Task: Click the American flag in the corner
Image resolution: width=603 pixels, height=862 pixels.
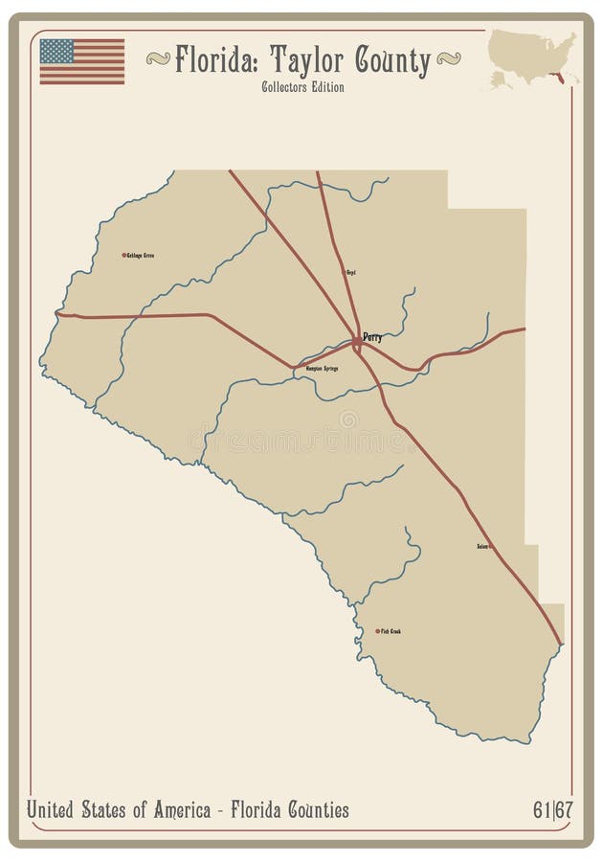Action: click(x=81, y=61)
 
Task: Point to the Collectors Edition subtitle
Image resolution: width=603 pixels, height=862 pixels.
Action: click(x=302, y=87)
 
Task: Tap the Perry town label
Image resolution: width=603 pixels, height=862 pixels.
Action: click(x=372, y=337)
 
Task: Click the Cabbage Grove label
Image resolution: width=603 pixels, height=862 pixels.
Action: click(x=142, y=256)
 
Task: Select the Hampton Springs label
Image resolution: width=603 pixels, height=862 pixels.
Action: click(x=321, y=368)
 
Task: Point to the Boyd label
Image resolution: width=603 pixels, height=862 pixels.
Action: click(x=350, y=273)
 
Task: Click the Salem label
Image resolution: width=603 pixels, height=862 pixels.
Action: click(x=482, y=547)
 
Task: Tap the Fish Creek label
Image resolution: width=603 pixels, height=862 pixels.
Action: click(x=390, y=631)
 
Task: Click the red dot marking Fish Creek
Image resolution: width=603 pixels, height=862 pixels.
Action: click(x=377, y=631)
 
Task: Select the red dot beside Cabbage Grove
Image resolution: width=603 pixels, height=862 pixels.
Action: click(x=123, y=255)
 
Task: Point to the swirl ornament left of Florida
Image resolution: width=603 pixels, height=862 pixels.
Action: click(x=158, y=59)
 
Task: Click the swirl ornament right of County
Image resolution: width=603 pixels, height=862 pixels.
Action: click(x=446, y=59)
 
